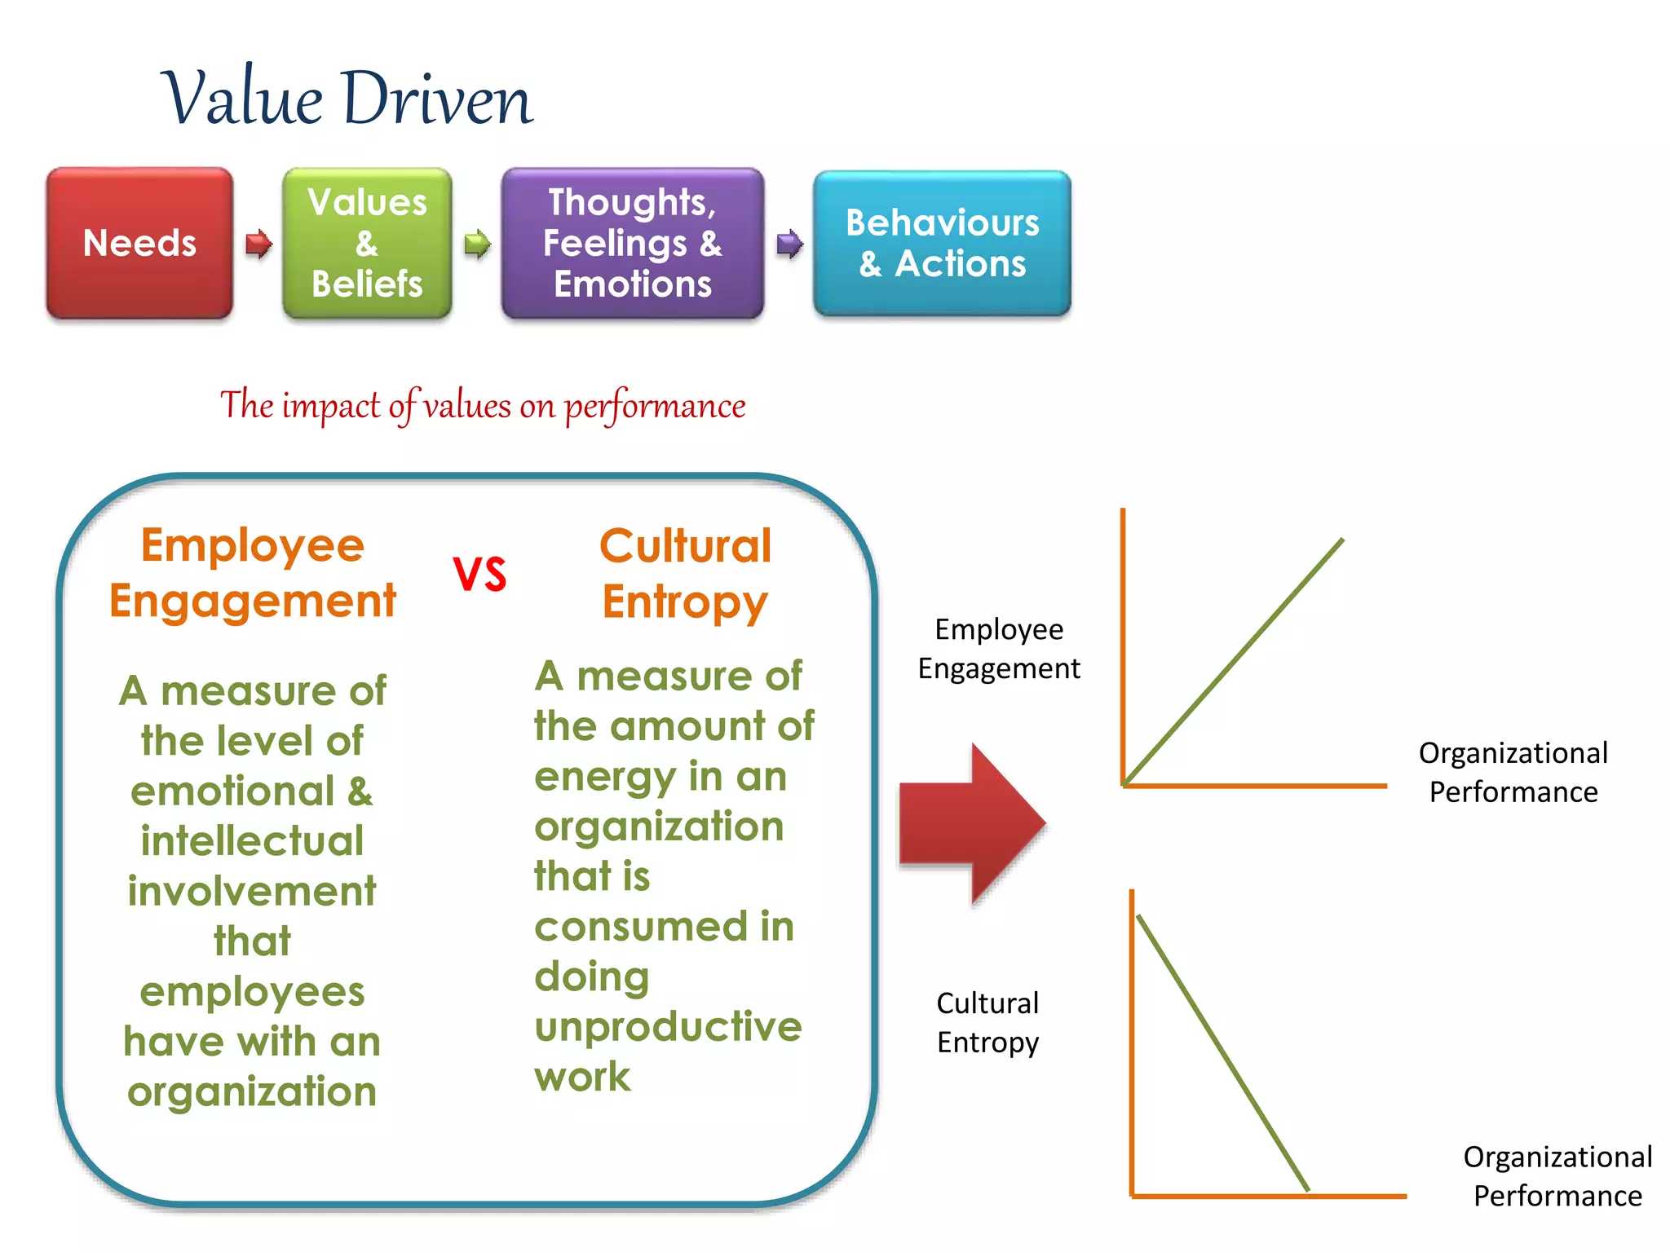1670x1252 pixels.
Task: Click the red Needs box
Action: click(x=139, y=243)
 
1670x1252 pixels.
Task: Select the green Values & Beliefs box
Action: click(x=367, y=243)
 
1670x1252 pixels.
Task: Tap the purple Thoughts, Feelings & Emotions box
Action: click(x=633, y=243)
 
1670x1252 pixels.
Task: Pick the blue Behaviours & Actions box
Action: click(x=942, y=243)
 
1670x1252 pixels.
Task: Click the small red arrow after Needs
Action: click(x=258, y=243)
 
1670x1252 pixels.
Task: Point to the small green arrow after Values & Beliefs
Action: click(x=477, y=243)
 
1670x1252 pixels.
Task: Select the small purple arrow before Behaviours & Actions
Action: click(x=789, y=243)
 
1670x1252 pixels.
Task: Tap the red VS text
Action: click(x=479, y=574)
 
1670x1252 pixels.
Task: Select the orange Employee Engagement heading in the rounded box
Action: click(x=253, y=573)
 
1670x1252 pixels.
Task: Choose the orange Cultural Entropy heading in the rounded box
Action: click(x=685, y=573)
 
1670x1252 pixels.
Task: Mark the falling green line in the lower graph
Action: click(x=1223, y=1053)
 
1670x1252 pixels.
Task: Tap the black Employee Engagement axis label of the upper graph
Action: click(x=999, y=649)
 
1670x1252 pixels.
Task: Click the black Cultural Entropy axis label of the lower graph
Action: click(x=987, y=1022)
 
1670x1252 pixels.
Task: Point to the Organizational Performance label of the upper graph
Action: click(x=1513, y=772)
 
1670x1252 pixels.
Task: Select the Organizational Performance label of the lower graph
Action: click(x=1557, y=1175)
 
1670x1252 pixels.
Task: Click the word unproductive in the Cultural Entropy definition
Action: click(x=668, y=1026)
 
